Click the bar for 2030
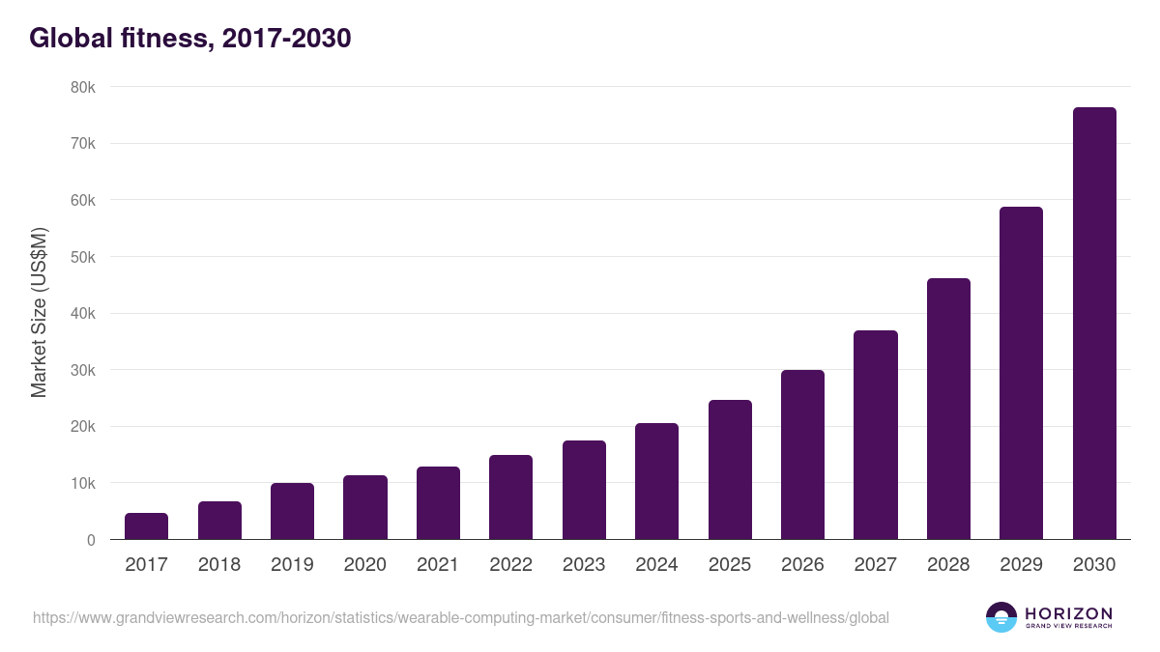tap(1094, 324)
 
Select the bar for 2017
tap(147, 526)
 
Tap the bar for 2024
tap(656, 481)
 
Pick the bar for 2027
tap(876, 435)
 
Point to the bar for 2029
tap(1021, 373)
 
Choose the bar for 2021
tap(438, 503)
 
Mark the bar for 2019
tap(292, 511)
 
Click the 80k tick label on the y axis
tap(82, 87)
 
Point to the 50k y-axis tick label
tap(82, 257)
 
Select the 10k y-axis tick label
tap(82, 483)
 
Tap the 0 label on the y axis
tap(91, 540)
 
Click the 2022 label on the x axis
tap(510, 565)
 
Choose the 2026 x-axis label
tap(802, 565)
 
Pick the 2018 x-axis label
tap(219, 565)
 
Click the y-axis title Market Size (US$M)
tap(39, 313)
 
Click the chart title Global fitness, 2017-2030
tap(189, 39)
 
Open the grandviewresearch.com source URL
tap(460, 617)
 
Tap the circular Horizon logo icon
tap(1001, 617)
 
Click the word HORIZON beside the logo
tap(1068, 613)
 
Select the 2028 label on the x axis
tap(948, 565)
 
